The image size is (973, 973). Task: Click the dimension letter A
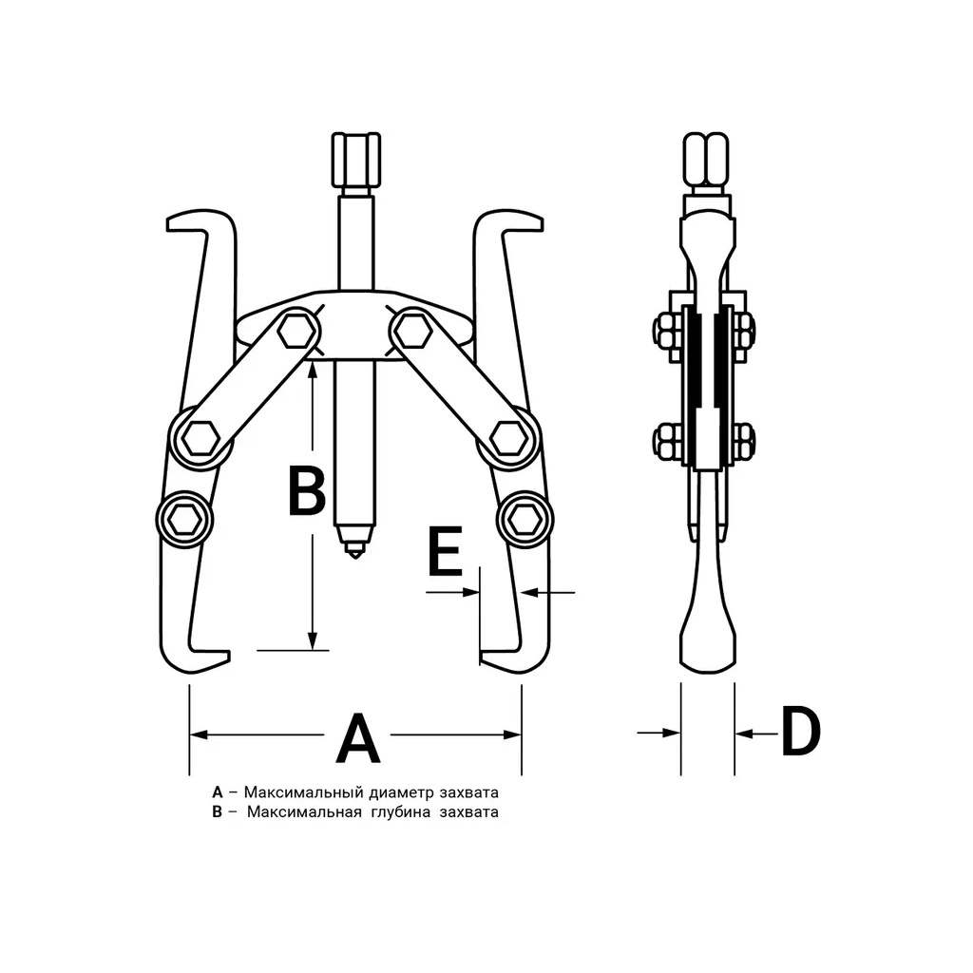[357, 737]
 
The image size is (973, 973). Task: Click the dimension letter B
[307, 492]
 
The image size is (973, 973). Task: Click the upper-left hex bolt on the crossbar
[296, 332]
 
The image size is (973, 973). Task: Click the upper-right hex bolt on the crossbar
[411, 332]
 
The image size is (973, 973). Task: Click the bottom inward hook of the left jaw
[198, 660]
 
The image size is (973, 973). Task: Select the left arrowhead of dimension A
[199, 735]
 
